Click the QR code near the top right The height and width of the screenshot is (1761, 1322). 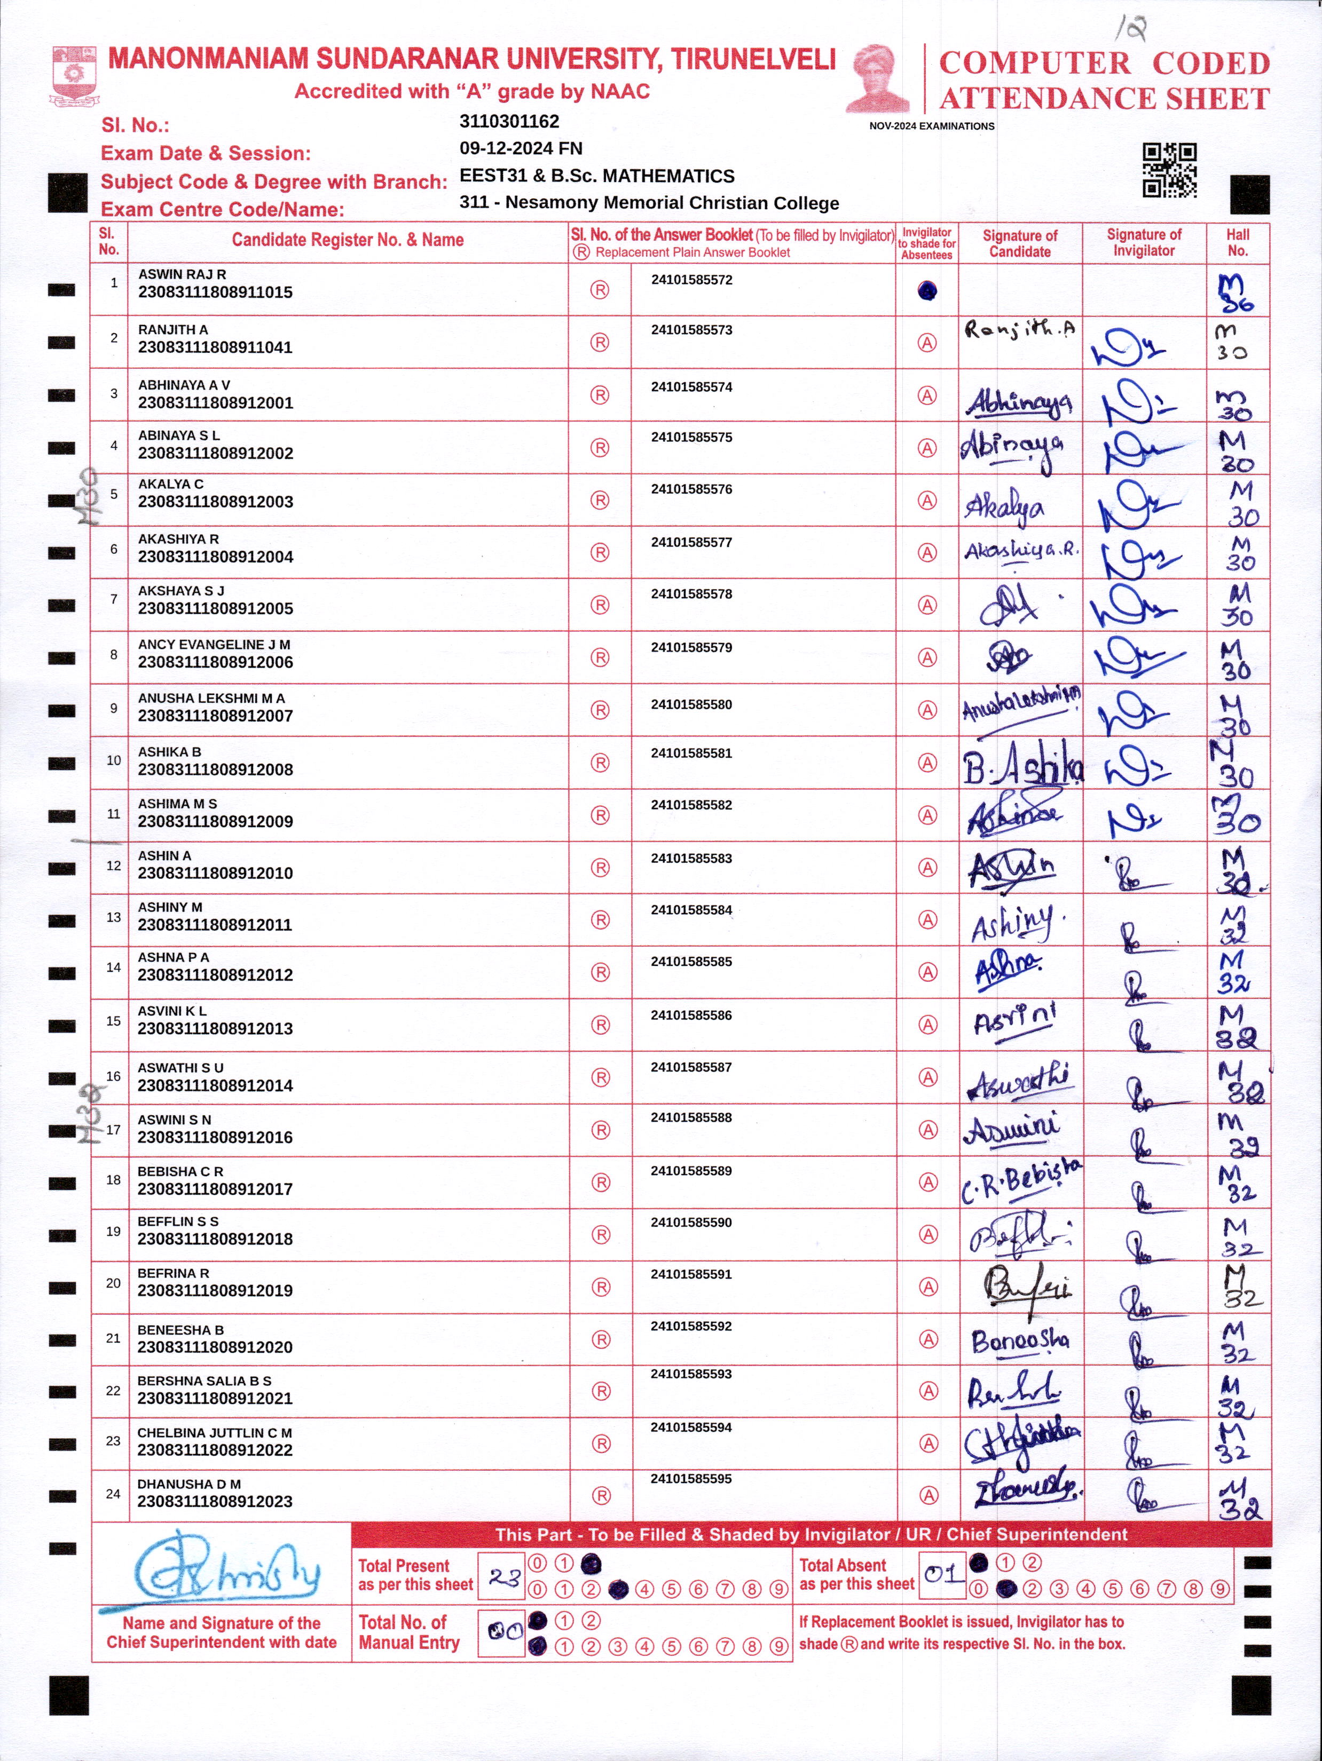1169,170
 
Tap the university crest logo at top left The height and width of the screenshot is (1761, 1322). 76,76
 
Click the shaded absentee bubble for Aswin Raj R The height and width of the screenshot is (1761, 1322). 927,291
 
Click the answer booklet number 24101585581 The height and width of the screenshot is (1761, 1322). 691,753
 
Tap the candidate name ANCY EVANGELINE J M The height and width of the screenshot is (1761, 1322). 214,644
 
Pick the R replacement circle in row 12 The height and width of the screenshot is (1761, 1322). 600,868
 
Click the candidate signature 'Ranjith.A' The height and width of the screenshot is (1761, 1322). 1019,329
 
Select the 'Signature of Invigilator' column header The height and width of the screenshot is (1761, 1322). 1144,242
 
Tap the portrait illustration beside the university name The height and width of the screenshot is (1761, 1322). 878,78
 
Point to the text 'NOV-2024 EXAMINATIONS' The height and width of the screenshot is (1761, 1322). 931,126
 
